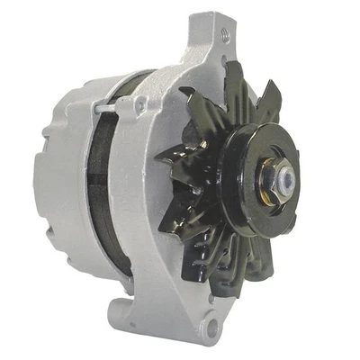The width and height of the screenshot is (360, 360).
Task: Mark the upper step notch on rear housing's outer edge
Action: [40, 135]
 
